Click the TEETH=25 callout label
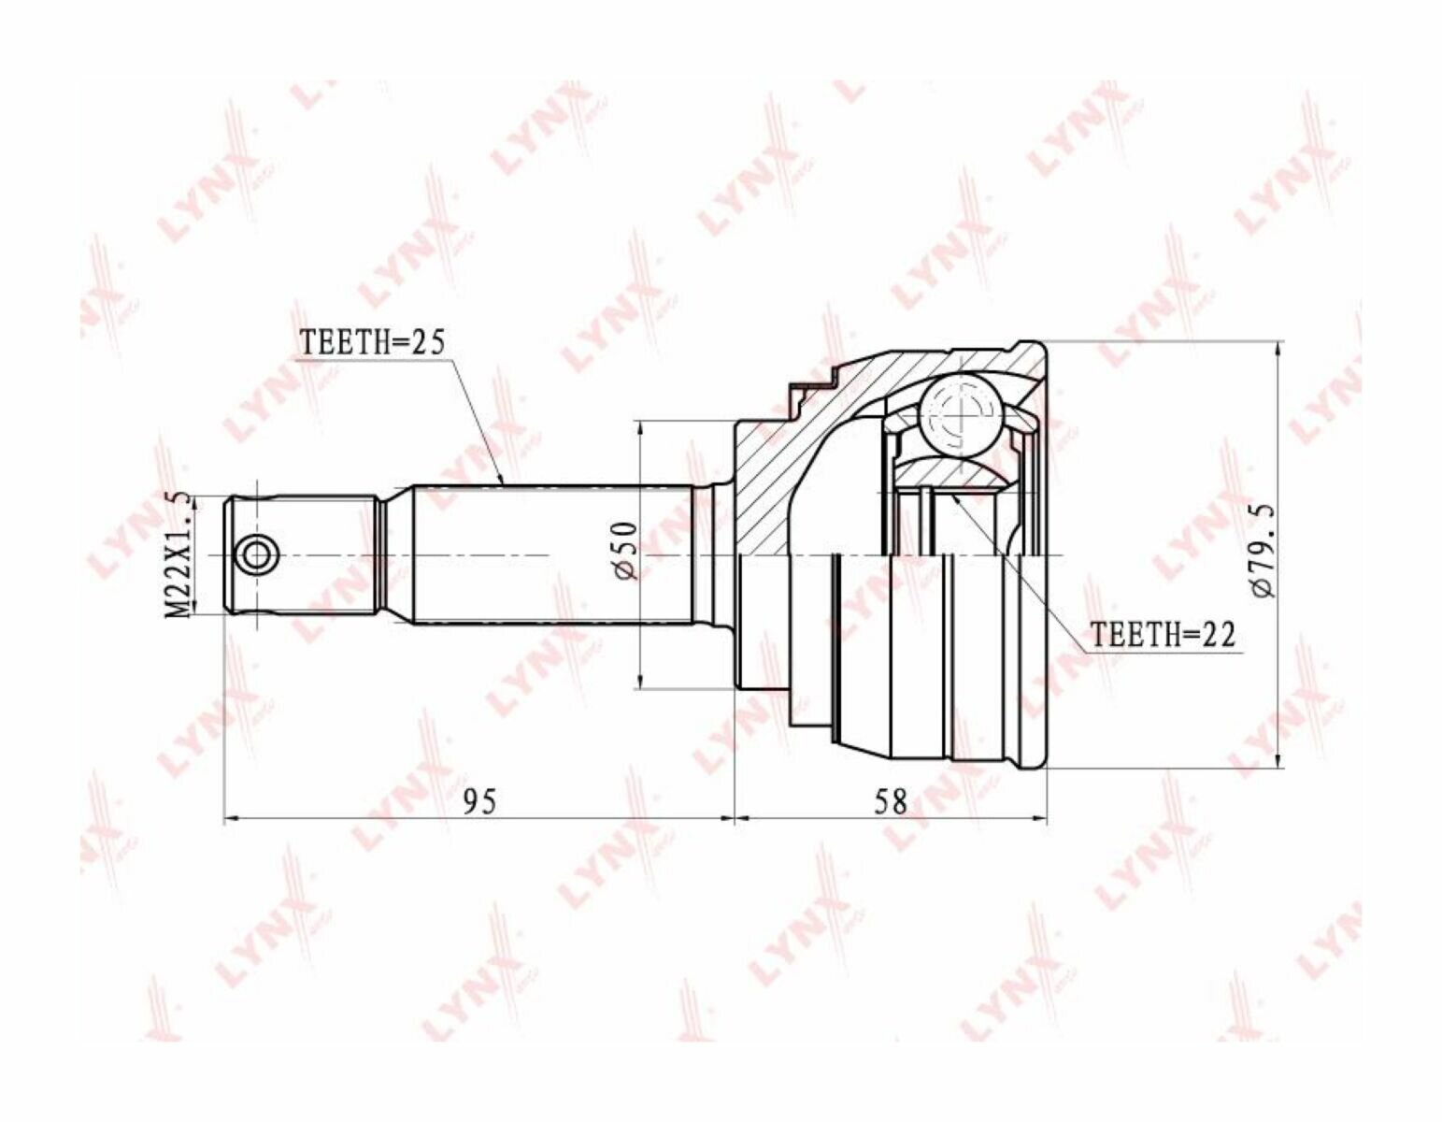click(372, 343)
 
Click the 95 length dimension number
click(479, 802)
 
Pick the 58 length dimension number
click(890, 802)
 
